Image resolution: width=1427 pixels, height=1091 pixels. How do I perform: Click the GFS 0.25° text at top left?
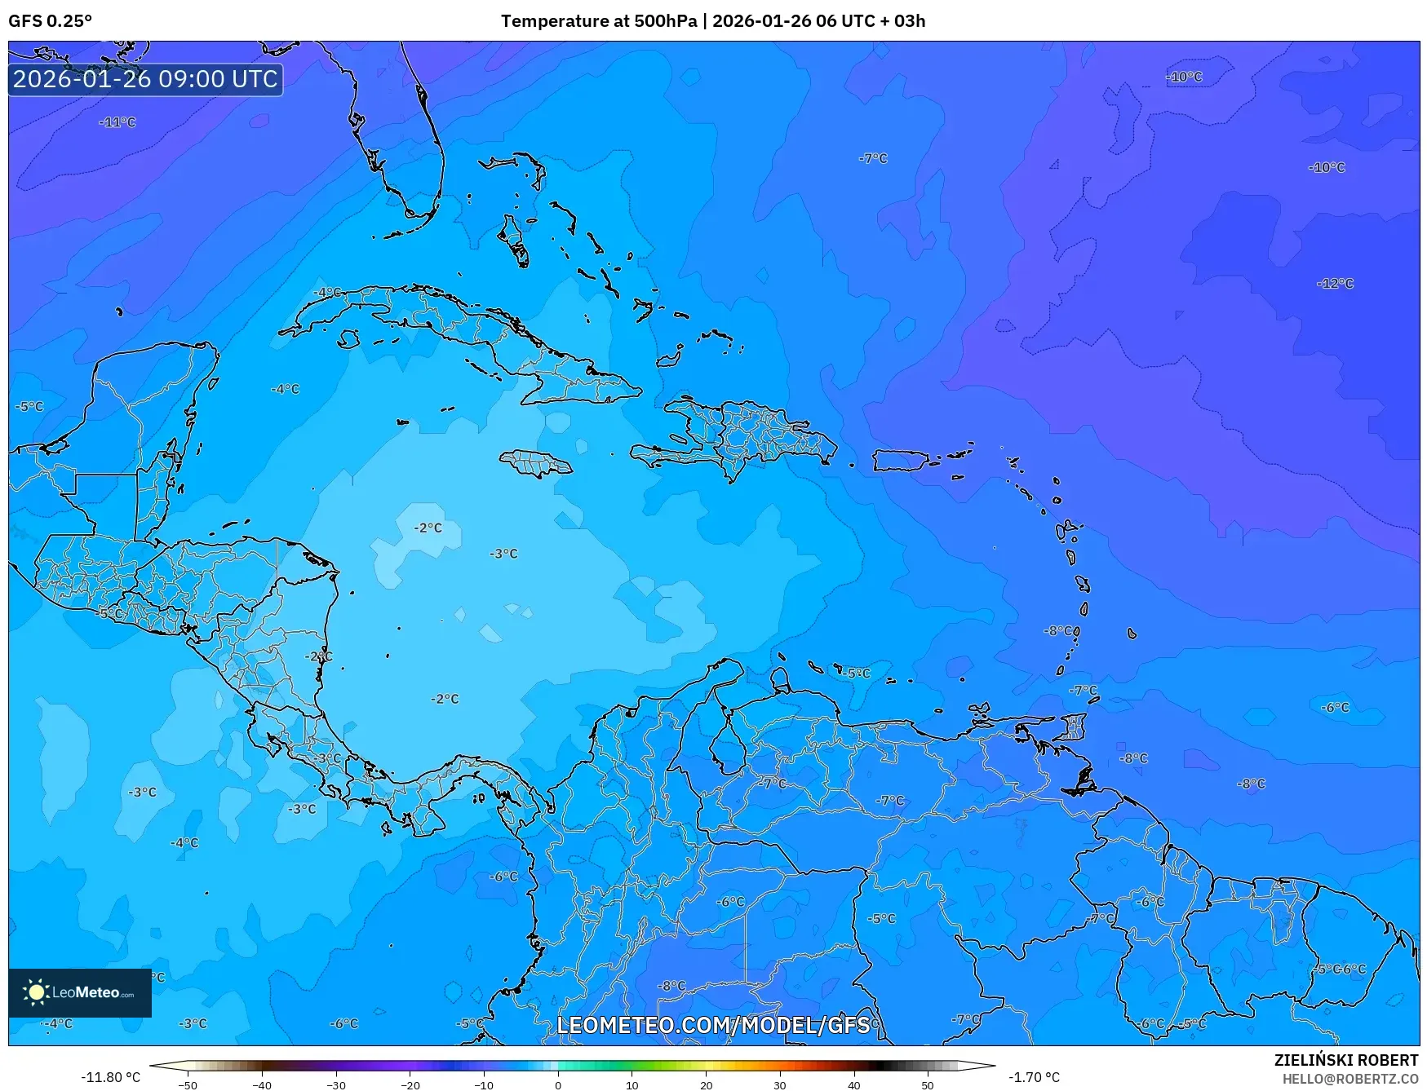pyautogui.click(x=50, y=21)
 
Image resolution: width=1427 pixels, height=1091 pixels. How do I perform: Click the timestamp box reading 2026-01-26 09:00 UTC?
pyautogui.click(x=145, y=79)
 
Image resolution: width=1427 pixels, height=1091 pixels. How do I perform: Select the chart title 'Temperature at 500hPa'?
pyautogui.click(x=599, y=21)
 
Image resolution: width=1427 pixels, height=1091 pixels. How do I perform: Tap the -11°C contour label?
pyautogui.click(x=117, y=122)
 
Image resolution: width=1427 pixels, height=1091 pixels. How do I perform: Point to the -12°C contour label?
pyautogui.click(x=1335, y=284)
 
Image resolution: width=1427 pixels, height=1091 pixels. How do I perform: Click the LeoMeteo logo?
pyautogui.click(x=80, y=992)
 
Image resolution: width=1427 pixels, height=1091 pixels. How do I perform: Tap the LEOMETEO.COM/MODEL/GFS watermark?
pyautogui.click(x=713, y=1025)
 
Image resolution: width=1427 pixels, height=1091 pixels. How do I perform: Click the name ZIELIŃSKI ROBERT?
pyautogui.click(x=1346, y=1060)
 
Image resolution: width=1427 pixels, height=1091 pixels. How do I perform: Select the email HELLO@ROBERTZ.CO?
pyautogui.click(x=1350, y=1079)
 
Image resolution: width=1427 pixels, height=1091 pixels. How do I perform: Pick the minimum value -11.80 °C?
pyautogui.click(x=110, y=1077)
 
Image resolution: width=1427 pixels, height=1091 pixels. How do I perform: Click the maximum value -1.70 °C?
pyautogui.click(x=1034, y=1077)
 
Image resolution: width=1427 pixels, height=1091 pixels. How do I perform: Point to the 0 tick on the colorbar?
pyautogui.click(x=558, y=1085)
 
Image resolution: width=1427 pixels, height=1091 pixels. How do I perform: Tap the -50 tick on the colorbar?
pyautogui.click(x=188, y=1085)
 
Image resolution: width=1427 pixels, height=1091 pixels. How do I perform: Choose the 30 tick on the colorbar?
pyautogui.click(x=780, y=1085)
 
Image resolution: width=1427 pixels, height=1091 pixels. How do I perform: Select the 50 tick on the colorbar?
pyautogui.click(x=928, y=1085)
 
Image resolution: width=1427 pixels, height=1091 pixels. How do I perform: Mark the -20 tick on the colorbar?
pyautogui.click(x=410, y=1085)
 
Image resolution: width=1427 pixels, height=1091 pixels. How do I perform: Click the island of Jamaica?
pyautogui.click(x=536, y=463)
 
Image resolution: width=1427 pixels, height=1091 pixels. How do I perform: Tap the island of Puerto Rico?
pyautogui.click(x=901, y=461)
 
